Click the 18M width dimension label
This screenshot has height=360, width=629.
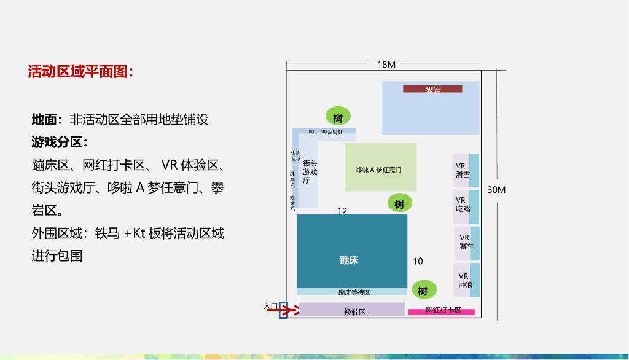point(386,65)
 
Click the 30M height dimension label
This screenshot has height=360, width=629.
point(496,190)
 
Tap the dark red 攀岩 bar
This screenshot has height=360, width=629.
point(432,89)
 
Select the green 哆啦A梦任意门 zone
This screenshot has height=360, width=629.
point(380,168)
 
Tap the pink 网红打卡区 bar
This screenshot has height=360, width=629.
point(442,311)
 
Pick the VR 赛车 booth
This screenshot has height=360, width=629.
point(466,243)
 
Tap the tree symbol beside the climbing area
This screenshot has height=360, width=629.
point(338,117)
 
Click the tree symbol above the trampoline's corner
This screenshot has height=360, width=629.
point(399,203)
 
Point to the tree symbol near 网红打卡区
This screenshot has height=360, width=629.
point(423,290)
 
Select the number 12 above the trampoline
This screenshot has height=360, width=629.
point(342,211)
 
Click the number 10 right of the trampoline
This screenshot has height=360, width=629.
point(418,261)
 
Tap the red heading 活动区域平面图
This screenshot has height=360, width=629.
point(80,72)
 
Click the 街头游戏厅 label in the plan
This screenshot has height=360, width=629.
point(310,172)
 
